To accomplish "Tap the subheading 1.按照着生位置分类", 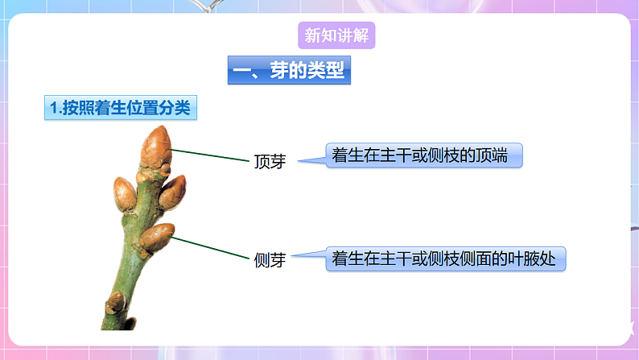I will pos(121,109).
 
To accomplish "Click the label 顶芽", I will pos(270,161).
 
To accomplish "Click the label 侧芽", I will pos(270,260).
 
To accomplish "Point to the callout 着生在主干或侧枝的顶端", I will pos(424,155).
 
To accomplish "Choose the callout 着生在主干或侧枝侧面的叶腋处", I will pos(448,259).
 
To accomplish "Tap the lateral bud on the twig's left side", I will pos(124,194).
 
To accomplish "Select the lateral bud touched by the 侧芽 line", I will pos(158,235).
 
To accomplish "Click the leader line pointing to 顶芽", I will pos(209,155).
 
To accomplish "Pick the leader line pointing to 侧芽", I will pos(211,247).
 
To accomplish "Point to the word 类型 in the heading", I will pos(326,72).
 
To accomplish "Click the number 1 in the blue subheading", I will pos(52,109).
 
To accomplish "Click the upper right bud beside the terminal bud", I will pos(173,192).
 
